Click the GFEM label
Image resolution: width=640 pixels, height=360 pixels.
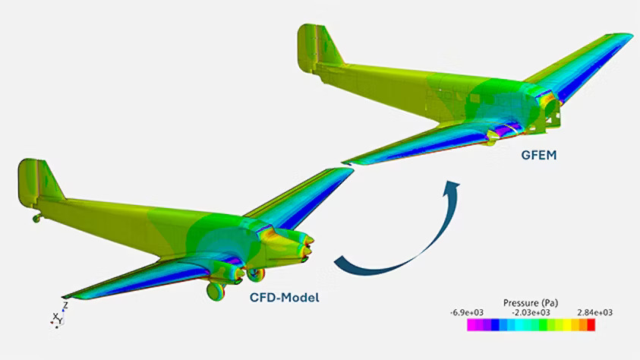[x=539, y=155]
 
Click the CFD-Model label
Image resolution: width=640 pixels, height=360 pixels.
[x=285, y=298]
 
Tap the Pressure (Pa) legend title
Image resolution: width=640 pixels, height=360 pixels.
[x=531, y=303]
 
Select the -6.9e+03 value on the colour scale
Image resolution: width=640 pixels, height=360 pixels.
[x=467, y=313]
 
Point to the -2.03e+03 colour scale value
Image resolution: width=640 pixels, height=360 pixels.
[x=531, y=313]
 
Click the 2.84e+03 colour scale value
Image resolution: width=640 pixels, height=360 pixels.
[x=594, y=313]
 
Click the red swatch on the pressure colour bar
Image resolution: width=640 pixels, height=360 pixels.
[x=591, y=325]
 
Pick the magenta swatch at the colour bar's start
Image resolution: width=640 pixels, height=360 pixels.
[x=471, y=325]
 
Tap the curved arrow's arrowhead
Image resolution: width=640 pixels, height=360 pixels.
[x=451, y=188]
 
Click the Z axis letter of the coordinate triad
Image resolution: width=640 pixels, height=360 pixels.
[x=65, y=305]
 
